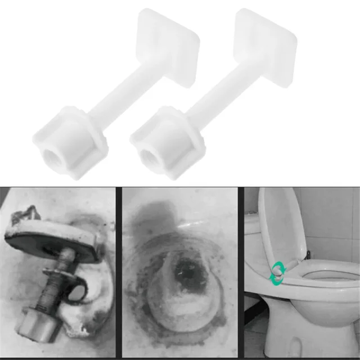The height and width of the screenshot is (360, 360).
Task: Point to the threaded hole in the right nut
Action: point(148,152)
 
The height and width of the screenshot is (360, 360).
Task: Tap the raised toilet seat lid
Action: point(281,225)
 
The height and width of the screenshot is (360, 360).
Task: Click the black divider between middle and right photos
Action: point(241,273)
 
